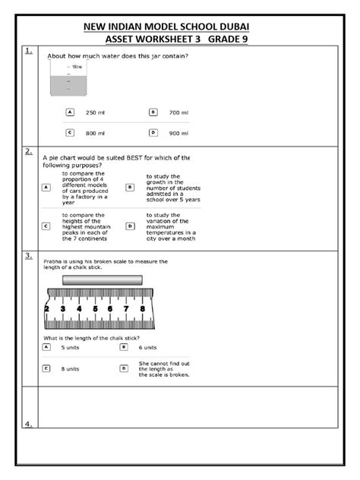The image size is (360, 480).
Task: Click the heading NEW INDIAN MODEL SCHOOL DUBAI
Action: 179,27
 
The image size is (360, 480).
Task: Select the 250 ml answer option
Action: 94,112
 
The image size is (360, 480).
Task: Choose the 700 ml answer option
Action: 178,112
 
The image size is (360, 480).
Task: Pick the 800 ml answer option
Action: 94,132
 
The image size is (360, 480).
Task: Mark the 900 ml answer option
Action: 178,132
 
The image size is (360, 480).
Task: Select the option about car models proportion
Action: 84,188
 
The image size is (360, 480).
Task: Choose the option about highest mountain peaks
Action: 86,226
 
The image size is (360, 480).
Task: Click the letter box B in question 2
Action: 130,187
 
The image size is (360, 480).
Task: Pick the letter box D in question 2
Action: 130,226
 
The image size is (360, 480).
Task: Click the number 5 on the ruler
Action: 95,309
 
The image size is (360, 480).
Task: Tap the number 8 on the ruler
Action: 143,309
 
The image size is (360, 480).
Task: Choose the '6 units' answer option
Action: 150,347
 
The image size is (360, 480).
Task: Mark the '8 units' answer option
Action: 73,368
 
